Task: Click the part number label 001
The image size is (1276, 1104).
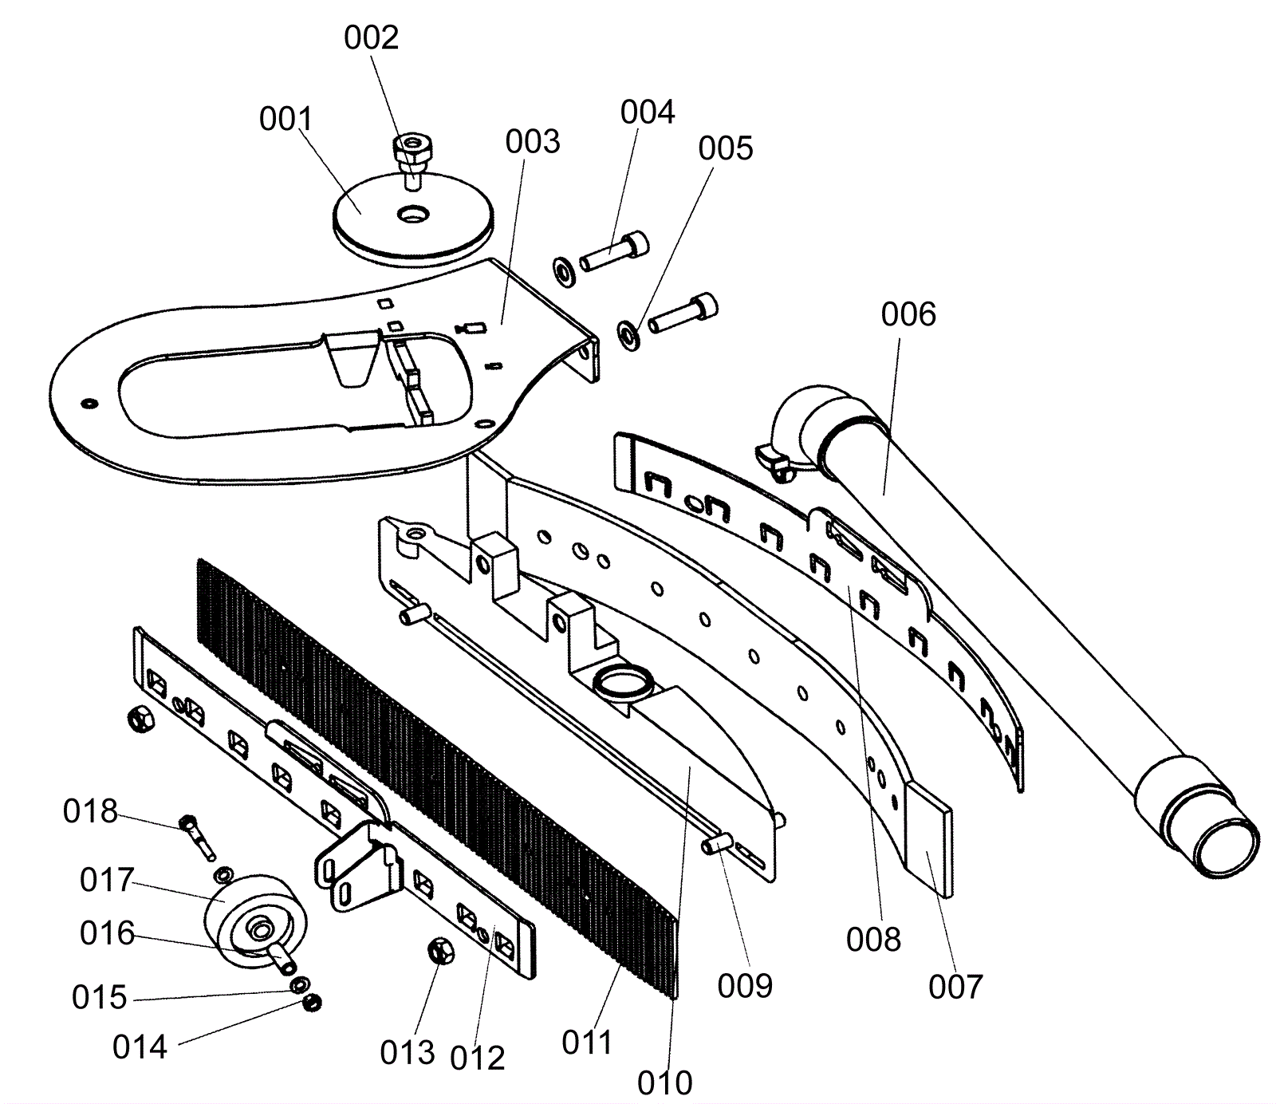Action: click(x=286, y=119)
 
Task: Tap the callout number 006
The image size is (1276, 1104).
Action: click(x=908, y=314)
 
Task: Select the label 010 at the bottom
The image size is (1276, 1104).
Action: click(x=665, y=1082)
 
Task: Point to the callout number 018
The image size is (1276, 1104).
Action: click(x=90, y=811)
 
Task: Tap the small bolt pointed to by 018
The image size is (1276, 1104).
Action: click(x=199, y=836)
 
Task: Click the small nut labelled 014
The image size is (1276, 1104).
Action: click(x=313, y=1001)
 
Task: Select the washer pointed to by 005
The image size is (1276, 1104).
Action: click(x=629, y=335)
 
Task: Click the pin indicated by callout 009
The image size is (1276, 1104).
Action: click(x=719, y=842)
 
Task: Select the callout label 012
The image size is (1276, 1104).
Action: click(x=478, y=1058)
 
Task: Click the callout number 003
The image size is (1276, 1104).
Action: click(x=533, y=142)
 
